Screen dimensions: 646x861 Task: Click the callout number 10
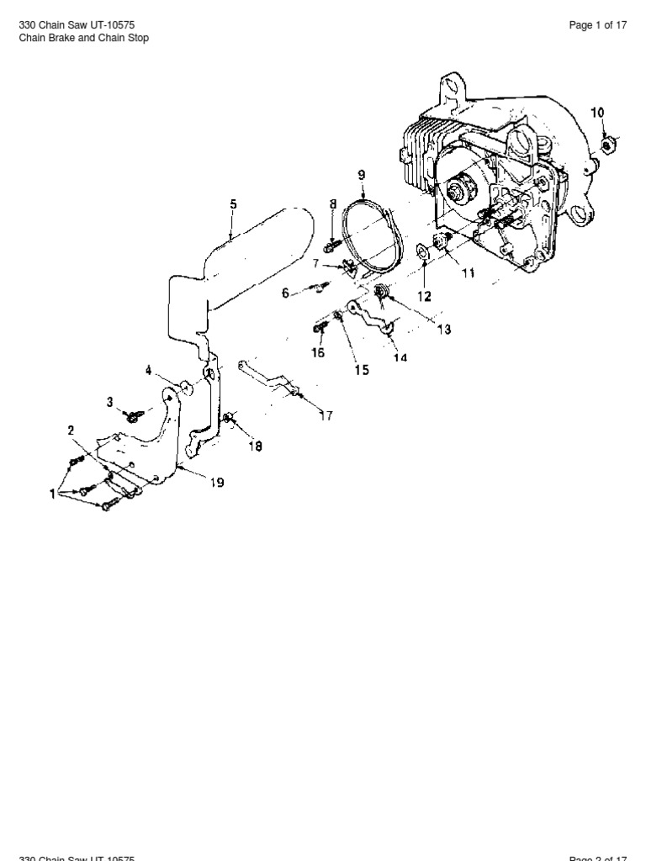click(596, 112)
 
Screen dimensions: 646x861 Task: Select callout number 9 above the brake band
click(362, 175)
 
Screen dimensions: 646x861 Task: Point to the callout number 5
click(233, 204)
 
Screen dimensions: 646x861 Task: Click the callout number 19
click(217, 483)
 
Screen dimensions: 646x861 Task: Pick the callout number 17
click(326, 415)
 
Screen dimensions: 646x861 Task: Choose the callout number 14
click(400, 357)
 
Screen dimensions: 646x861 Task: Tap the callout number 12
click(425, 296)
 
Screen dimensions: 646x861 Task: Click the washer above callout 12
click(422, 251)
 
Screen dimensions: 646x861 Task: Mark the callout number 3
click(109, 402)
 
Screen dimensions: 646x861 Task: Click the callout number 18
click(255, 447)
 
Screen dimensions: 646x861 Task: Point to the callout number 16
click(317, 352)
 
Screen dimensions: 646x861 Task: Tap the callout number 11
click(468, 273)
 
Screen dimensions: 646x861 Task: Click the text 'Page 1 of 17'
click(598, 25)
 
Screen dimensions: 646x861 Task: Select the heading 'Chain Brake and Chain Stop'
click(83, 39)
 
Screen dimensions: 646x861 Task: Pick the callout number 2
click(71, 430)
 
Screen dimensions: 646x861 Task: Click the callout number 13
click(442, 330)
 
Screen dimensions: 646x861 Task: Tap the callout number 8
click(333, 204)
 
